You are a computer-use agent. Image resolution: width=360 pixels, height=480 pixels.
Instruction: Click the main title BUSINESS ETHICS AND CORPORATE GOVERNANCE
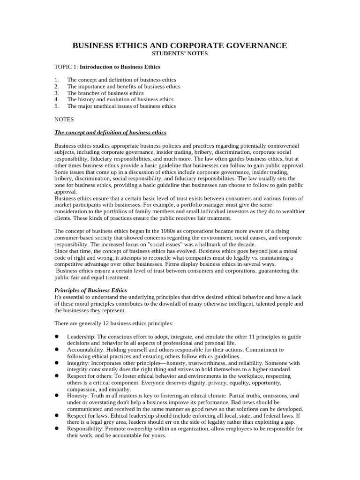point(180,45)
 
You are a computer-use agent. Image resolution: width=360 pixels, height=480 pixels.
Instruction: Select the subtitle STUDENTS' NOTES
point(180,53)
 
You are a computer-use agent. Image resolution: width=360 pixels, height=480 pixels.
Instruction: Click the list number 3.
point(56,93)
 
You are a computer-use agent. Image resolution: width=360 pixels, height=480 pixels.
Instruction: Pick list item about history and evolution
point(120,99)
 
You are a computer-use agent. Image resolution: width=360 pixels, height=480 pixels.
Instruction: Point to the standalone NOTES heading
point(64,120)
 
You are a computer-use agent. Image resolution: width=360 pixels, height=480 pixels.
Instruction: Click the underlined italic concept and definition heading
point(110,133)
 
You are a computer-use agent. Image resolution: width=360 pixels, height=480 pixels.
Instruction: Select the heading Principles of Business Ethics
point(90,291)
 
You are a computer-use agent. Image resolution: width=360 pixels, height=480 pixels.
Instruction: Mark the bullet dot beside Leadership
point(56,337)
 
